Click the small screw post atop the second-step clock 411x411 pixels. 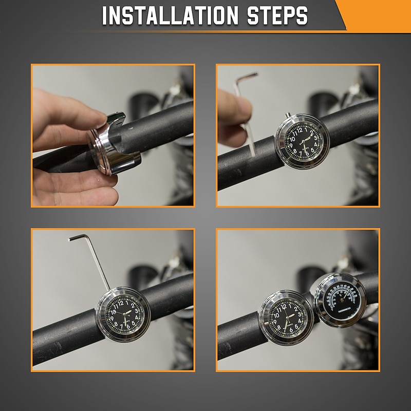(289, 118)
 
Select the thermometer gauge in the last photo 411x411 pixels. (340, 301)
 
